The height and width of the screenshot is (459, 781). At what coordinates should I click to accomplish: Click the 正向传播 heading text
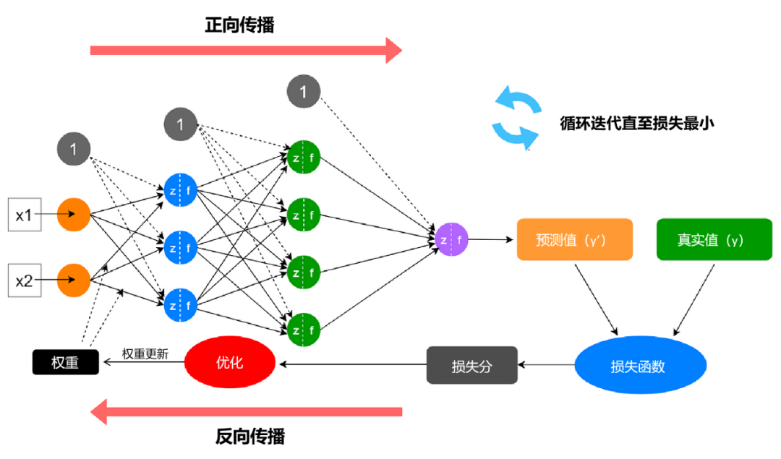(239, 25)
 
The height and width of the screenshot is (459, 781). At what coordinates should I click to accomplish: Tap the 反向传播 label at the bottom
(250, 437)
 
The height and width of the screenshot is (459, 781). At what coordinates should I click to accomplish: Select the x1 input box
(24, 215)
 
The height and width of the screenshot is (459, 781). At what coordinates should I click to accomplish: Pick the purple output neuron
(451, 239)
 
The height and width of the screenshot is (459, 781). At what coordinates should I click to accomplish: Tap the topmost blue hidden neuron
(180, 190)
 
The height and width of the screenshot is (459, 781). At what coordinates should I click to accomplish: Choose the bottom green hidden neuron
(304, 330)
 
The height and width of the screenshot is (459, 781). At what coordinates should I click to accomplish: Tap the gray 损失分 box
(472, 365)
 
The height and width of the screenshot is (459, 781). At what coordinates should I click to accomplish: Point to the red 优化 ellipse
(230, 362)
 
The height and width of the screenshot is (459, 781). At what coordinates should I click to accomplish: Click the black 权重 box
(65, 362)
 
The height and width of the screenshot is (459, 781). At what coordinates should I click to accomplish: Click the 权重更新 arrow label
(145, 354)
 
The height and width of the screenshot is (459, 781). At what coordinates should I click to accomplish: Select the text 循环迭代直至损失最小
(637, 123)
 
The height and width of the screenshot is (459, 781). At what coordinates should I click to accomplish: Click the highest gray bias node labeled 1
(304, 91)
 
